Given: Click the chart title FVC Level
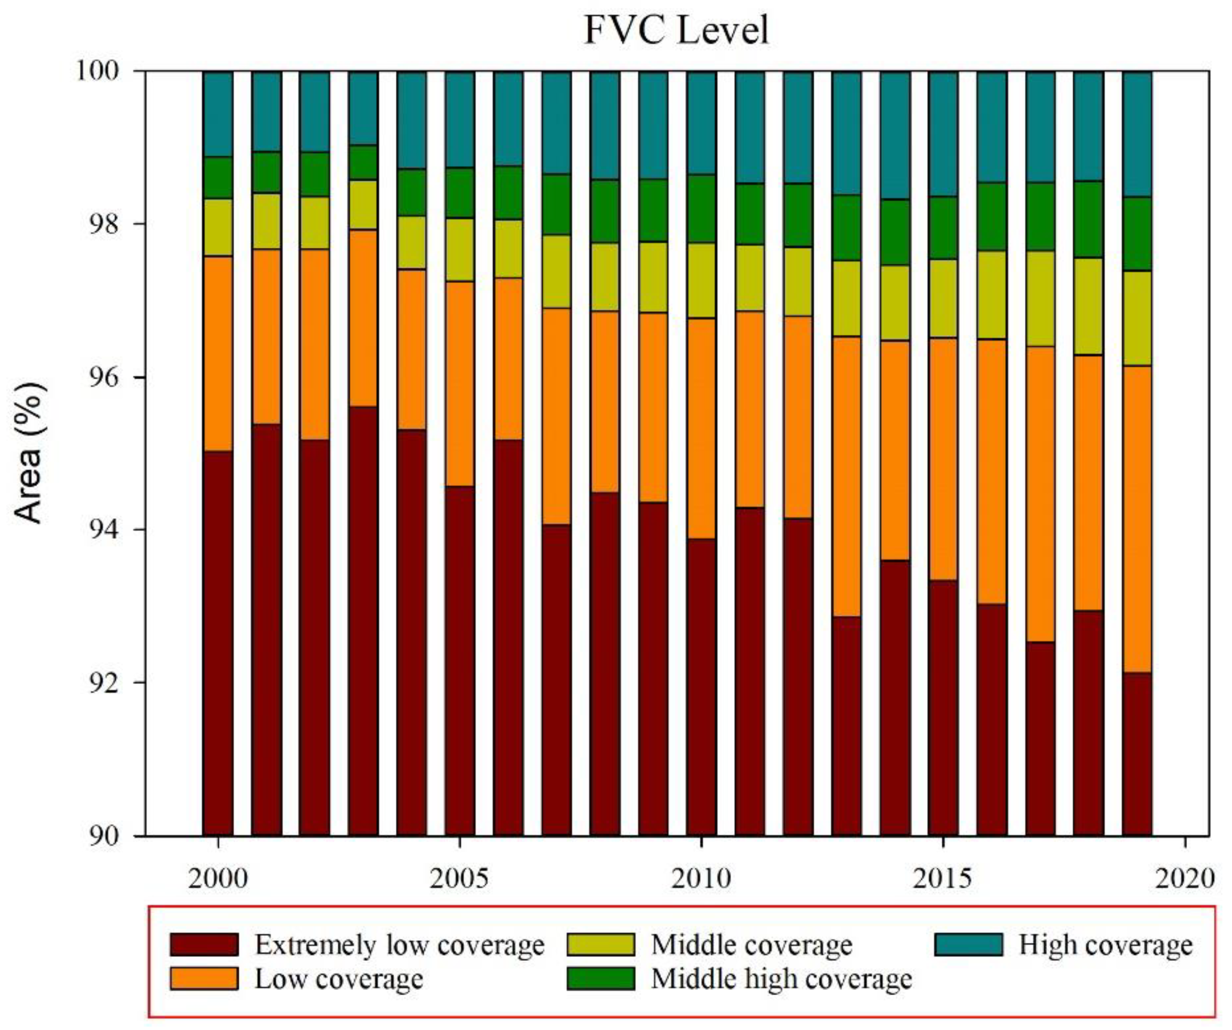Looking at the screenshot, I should (676, 30).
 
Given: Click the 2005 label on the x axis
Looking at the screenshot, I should (459, 878).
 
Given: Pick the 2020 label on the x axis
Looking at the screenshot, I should (1185, 878).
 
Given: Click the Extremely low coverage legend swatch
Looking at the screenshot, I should (204, 945).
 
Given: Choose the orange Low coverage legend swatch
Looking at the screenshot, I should (204, 978).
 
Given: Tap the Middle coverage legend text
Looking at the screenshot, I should (751, 945).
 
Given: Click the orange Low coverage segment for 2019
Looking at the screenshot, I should (1137, 519).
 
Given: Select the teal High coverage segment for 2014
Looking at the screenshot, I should (895, 135).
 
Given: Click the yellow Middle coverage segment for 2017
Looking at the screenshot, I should (1040, 299).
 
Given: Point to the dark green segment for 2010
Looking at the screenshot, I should (701, 209).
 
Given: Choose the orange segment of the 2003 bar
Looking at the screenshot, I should (362, 318).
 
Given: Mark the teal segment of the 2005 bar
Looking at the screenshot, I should (459, 119).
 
